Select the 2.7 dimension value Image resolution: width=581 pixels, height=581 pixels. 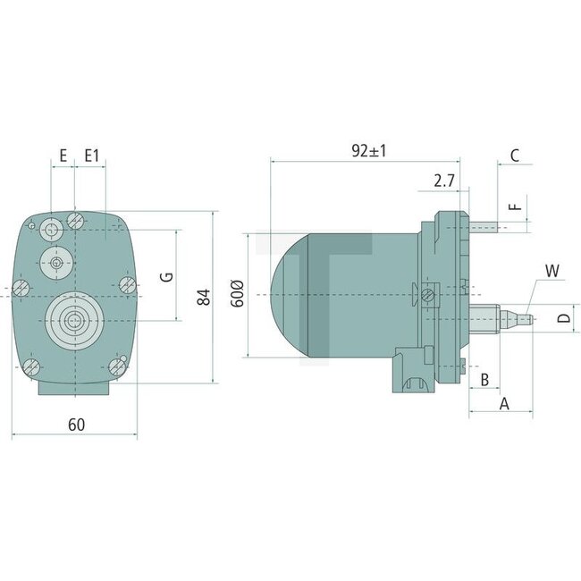(444, 181)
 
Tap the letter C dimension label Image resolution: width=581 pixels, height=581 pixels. (514, 155)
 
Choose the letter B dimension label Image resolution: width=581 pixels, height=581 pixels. (484, 379)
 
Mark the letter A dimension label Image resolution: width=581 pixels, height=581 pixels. (503, 404)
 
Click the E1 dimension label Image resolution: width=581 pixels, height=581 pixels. (91, 156)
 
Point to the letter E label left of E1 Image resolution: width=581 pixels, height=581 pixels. (63, 156)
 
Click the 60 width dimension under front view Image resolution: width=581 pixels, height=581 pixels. (76, 425)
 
